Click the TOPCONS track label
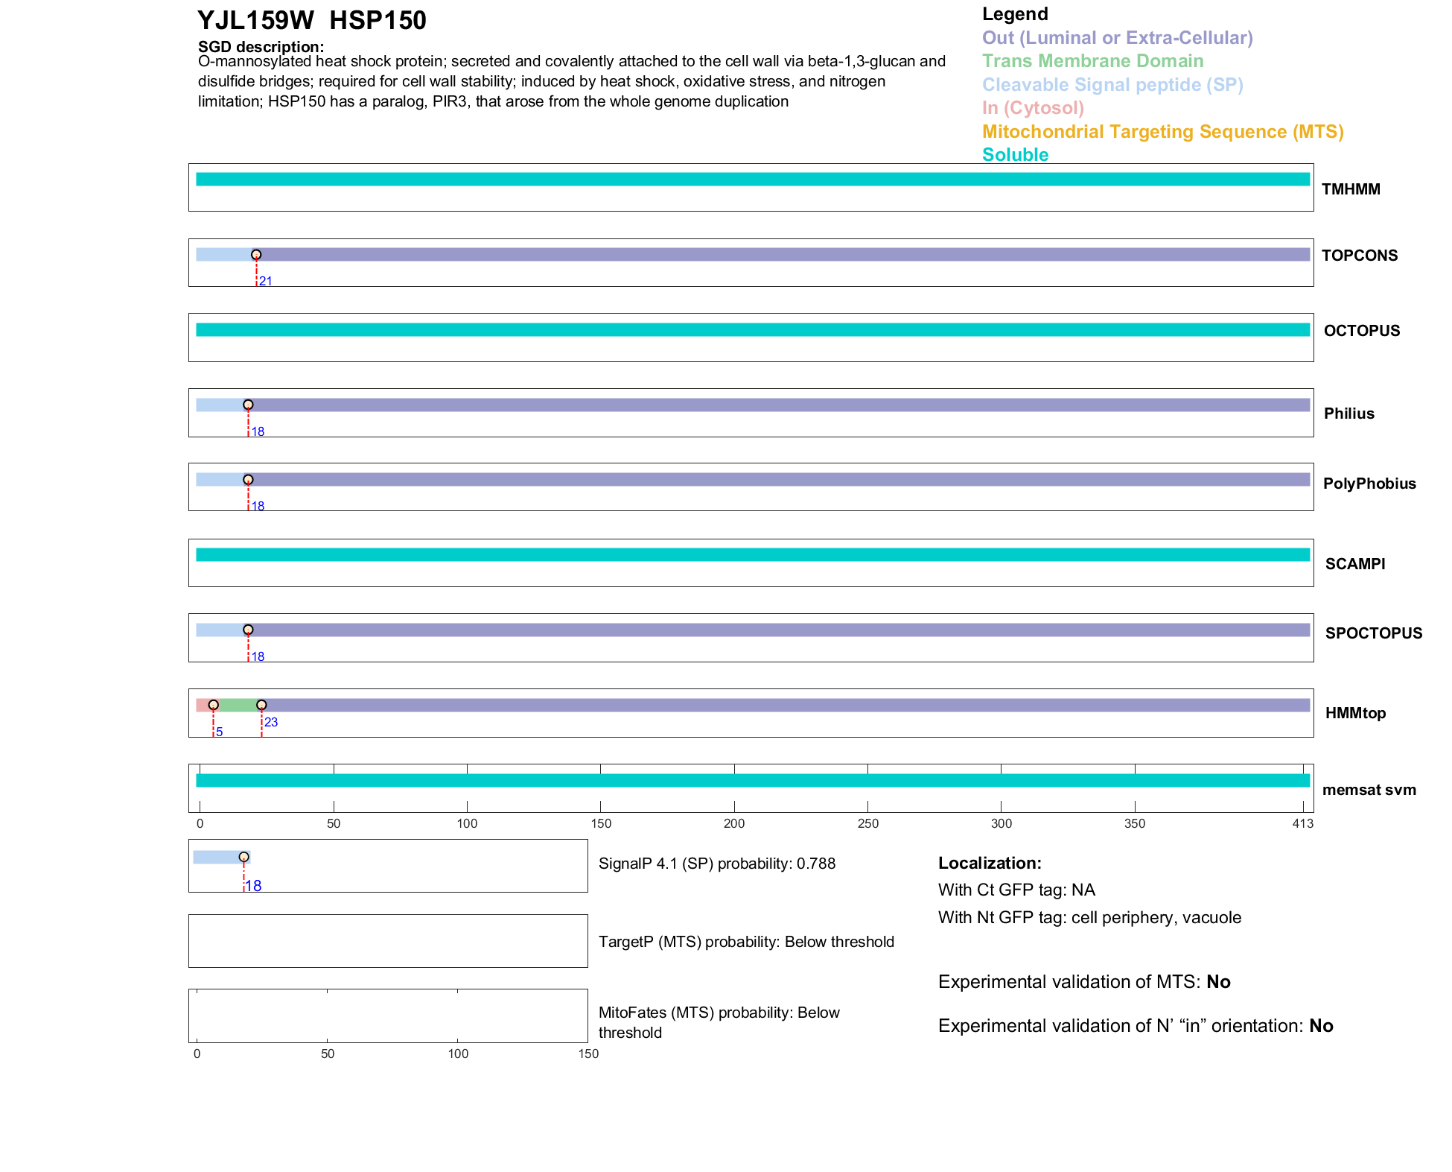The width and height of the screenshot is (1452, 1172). (x=1359, y=256)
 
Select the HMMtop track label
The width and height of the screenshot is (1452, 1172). (x=1355, y=713)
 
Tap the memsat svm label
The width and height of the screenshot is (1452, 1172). (x=1369, y=790)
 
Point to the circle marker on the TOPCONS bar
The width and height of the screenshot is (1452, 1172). (x=256, y=255)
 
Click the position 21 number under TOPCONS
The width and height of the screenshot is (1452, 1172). (x=266, y=282)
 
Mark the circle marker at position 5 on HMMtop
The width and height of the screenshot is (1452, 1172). (x=214, y=705)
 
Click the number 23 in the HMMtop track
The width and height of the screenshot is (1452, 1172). (x=271, y=722)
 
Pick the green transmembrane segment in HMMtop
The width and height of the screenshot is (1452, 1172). (x=238, y=705)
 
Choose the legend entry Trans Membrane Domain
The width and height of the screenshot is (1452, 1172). (x=1092, y=61)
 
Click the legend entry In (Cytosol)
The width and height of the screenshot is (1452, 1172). (x=1033, y=108)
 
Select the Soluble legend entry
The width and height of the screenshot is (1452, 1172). (x=1015, y=155)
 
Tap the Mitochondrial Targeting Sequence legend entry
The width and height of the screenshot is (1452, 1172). (x=1162, y=132)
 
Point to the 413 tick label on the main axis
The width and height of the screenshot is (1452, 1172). (x=1303, y=823)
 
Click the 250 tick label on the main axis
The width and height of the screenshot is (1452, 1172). (x=867, y=823)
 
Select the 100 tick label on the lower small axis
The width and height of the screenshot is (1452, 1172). (x=458, y=1054)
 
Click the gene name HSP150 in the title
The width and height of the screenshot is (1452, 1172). (x=378, y=21)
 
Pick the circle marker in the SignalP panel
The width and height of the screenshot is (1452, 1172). (x=243, y=857)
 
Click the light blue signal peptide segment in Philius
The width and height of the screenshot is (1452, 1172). (x=220, y=405)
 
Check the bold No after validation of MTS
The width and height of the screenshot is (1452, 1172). (x=1218, y=982)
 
